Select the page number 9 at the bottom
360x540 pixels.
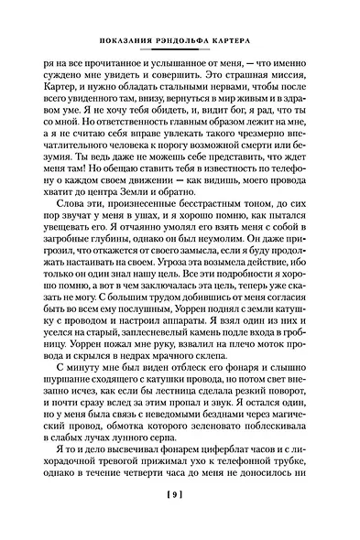click(180, 520)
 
